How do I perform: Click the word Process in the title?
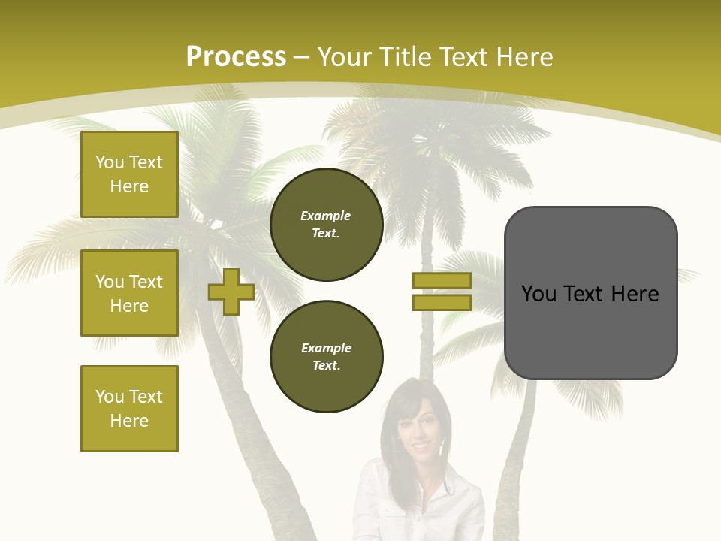click(236, 56)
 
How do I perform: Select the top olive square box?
click(129, 174)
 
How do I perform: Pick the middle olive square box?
click(129, 293)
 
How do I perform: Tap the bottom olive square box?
click(129, 409)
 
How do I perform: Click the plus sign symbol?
click(231, 292)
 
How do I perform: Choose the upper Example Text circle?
click(327, 225)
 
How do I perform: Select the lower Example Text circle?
click(327, 357)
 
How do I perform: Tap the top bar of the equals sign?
click(442, 280)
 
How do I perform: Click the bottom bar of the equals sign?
click(442, 303)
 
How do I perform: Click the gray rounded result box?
click(591, 331)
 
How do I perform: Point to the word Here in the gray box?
click(635, 293)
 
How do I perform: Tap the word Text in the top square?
click(146, 162)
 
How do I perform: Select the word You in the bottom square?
click(110, 397)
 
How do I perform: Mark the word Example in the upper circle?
click(325, 216)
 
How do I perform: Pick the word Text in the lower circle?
click(325, 366)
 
